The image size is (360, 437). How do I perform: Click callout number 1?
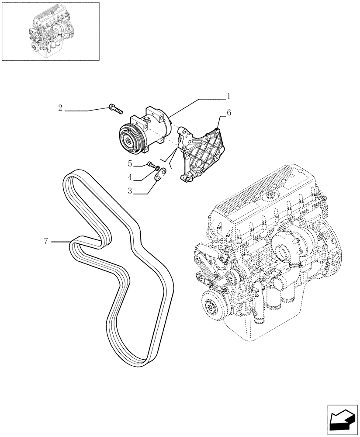228,96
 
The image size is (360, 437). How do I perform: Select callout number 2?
60,108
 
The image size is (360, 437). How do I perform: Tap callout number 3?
130,191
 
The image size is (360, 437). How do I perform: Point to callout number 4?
130,177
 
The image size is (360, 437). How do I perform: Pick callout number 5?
130,164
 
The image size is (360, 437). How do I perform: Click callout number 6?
228,113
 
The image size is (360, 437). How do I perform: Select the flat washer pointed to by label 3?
161,174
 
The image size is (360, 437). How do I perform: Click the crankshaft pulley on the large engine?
213,305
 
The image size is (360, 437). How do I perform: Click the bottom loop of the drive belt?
133,354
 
